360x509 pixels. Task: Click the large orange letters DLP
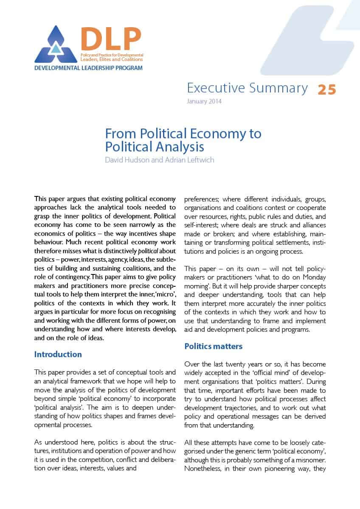pos(111,39)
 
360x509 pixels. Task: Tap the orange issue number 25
pos(326,89)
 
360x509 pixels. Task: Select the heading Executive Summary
pos(247,88)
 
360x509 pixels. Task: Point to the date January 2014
pos(204,101)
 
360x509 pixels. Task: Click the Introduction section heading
pos(58,354)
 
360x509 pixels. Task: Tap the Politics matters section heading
pos(213,346)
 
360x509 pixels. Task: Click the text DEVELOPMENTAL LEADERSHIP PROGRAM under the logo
pos(88,68)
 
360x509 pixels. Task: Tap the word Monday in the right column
pos(314,277)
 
